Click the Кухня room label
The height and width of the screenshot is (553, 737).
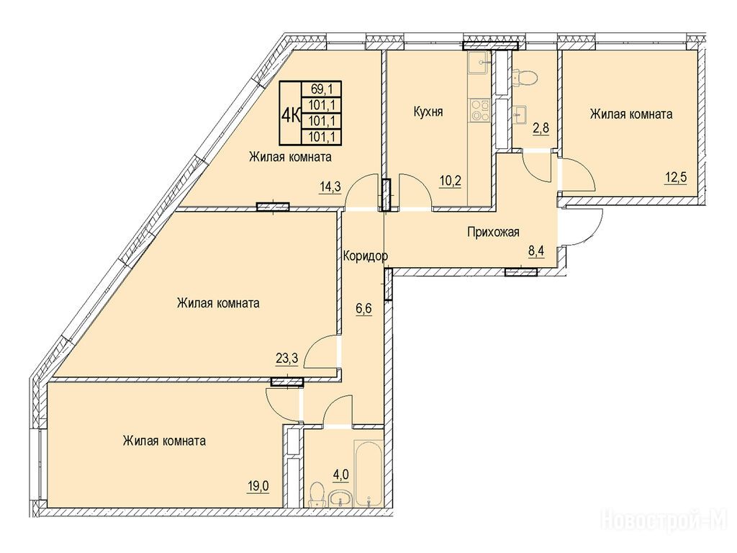[x=428, y=112]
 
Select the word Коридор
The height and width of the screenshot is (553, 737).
[x=365, y=256]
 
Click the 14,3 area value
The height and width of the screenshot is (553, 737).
[x=330, y=186]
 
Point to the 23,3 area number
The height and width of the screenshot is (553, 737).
[x=287, y=359]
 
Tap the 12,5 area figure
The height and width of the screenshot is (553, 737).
[x=675, y=179]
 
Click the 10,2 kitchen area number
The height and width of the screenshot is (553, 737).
[x=450, y=181]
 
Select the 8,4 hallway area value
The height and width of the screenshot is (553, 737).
[x=536, y=251]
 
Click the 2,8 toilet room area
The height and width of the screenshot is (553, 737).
[x=541, y=127]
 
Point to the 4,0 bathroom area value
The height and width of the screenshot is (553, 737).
[x=340, y=475]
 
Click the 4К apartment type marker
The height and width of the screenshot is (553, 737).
[x=291, y=113]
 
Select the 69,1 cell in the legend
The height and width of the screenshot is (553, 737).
[x=321, y=89]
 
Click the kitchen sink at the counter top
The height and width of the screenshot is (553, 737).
[x=479, y=61]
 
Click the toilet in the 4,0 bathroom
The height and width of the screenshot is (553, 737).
[x=317, y=494]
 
